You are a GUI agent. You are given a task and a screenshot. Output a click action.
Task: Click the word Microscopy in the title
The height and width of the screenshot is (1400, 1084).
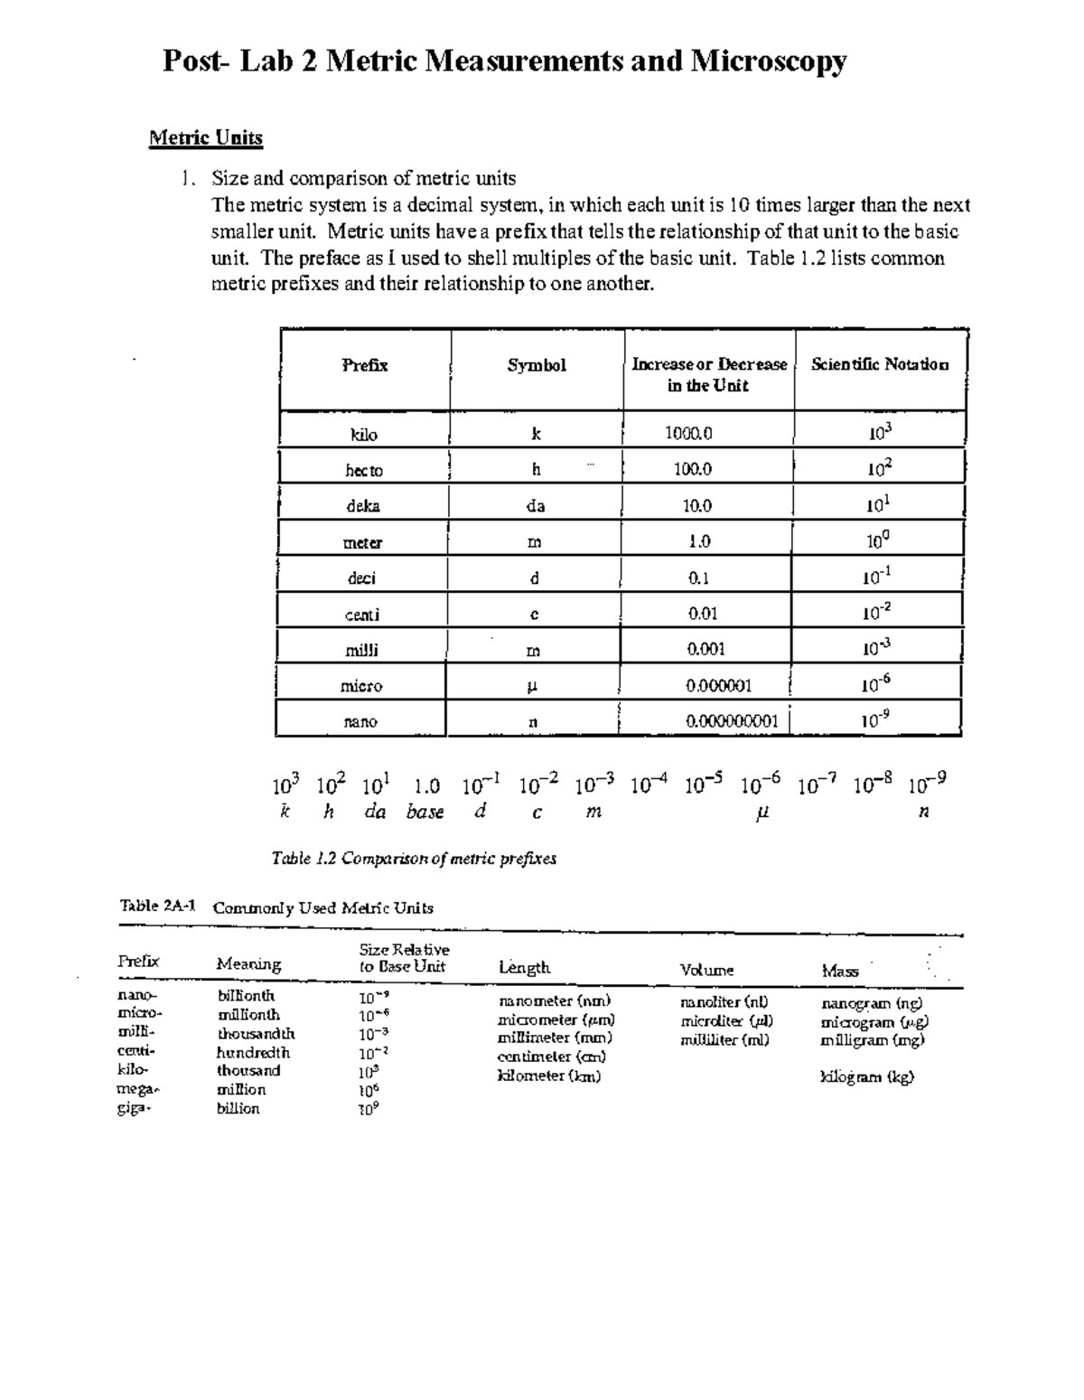pos(769,61)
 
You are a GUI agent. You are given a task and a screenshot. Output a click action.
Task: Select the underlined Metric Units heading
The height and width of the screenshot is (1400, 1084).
pos(206,138)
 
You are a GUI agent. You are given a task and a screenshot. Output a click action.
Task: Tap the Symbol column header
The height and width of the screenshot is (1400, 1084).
pos(537,365)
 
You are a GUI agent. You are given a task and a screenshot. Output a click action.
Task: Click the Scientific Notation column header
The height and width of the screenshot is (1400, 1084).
pos(880,364)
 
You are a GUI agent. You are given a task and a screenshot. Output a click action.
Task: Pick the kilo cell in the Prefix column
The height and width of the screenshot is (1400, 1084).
pos(363,434)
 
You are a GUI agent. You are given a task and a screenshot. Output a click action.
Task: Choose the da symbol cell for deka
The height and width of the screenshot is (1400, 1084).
pos(536,506)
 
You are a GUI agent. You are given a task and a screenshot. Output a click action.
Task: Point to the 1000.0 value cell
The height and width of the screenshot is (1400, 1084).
pos(688,433)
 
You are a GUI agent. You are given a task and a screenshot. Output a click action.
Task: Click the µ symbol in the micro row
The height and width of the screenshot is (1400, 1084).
pos(533,686)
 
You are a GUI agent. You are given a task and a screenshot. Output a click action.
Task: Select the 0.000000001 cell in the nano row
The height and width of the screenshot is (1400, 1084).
pos(732,721)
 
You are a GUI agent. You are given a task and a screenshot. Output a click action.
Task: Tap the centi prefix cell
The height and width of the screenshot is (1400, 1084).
pos(362,615)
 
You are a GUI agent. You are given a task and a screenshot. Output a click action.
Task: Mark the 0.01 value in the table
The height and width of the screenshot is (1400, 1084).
pos(703,614)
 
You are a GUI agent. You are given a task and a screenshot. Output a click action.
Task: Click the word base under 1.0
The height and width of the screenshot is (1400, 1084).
pos(425,812)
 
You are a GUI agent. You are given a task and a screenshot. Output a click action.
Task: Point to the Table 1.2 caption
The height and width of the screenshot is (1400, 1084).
pos(414,858)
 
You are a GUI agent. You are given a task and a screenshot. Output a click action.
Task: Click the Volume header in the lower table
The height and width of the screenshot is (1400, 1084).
pos(706,970)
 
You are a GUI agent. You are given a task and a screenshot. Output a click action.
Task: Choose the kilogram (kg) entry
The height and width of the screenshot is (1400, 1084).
pos(867,1076)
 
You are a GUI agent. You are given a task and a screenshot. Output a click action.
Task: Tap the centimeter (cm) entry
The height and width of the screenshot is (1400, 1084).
pos(552,1057)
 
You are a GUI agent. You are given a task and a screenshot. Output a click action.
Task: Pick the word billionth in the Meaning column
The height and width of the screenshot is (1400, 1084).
pos(246,996)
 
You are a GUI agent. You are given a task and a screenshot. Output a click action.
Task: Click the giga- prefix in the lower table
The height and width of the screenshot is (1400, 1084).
pos(135,1108)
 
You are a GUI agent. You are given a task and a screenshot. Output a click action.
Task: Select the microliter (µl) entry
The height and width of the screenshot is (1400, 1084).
pos(726,1021)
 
